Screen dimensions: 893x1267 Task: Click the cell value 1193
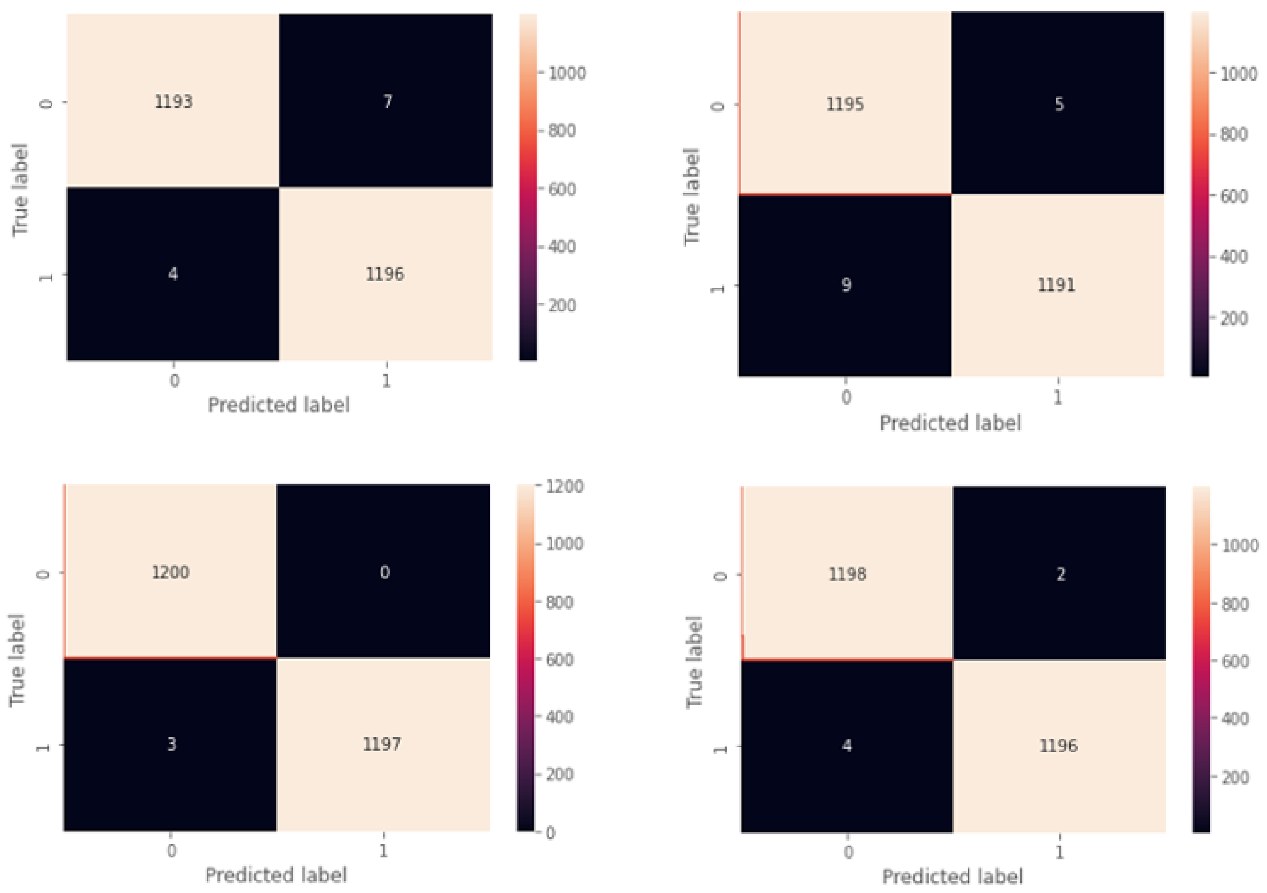(x=173, y=101)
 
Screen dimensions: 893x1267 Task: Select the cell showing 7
(x=387, y=101)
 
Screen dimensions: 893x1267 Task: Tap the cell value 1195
(x=845, y=105)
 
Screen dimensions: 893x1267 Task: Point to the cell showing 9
(x=846, y=285)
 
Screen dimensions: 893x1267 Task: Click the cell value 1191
(x=1056, y=285)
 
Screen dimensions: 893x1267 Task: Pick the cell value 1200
(x=171, y=572)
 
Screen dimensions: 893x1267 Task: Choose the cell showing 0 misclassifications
(x=385, y=572)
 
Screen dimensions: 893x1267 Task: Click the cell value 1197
(x=382, y=744)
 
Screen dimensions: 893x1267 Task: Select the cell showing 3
(x=172, y=744)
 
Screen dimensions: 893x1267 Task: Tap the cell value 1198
(x=847, y=574)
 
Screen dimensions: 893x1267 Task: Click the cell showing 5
(x=1059, y=105)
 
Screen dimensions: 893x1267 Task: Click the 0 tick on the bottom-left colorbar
(x=550, y=833)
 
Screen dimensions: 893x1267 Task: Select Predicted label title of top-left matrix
(x=279, y=405)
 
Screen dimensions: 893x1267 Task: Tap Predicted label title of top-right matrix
(x=950, y=423)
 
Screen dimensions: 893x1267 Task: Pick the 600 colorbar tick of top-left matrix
(x=562, y=189)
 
